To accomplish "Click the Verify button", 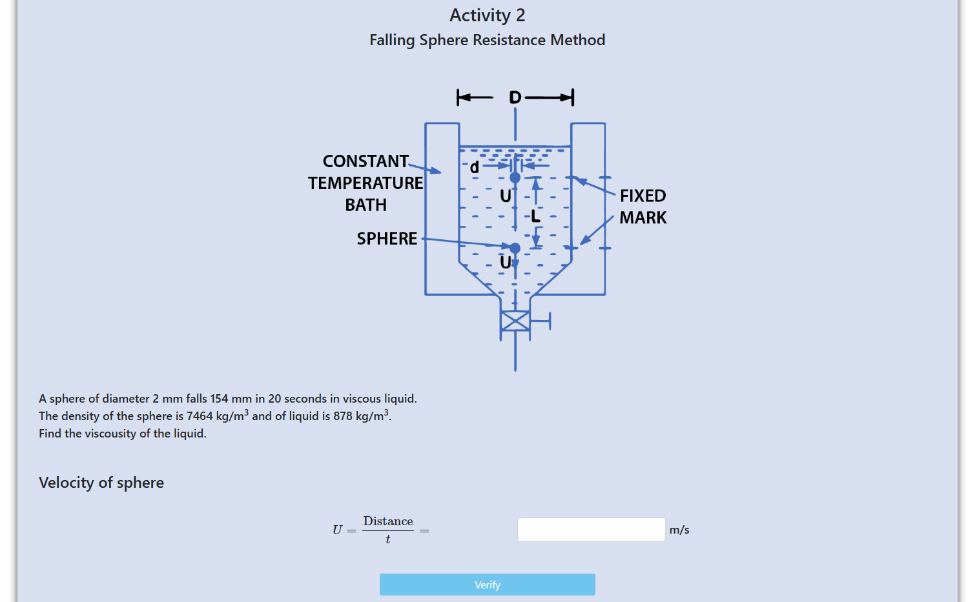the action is point(487,585).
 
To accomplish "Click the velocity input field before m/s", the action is point(591,530).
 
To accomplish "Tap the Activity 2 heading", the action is point(487,15).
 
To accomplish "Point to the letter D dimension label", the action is point(515,97).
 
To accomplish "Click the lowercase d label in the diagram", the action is point(475,166).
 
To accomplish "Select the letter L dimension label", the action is point(535,216).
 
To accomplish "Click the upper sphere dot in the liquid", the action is point(515,177).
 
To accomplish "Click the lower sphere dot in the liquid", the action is point(515,248).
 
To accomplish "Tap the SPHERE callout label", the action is point(387,239).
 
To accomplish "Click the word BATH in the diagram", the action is point(366,205).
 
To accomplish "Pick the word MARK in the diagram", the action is point(643,217).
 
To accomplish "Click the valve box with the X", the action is point(515,321).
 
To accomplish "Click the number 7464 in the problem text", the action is point(200,416).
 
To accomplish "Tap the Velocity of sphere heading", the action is point(101,483).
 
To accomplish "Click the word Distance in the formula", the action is point(388,521).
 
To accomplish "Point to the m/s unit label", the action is point(679,530).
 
